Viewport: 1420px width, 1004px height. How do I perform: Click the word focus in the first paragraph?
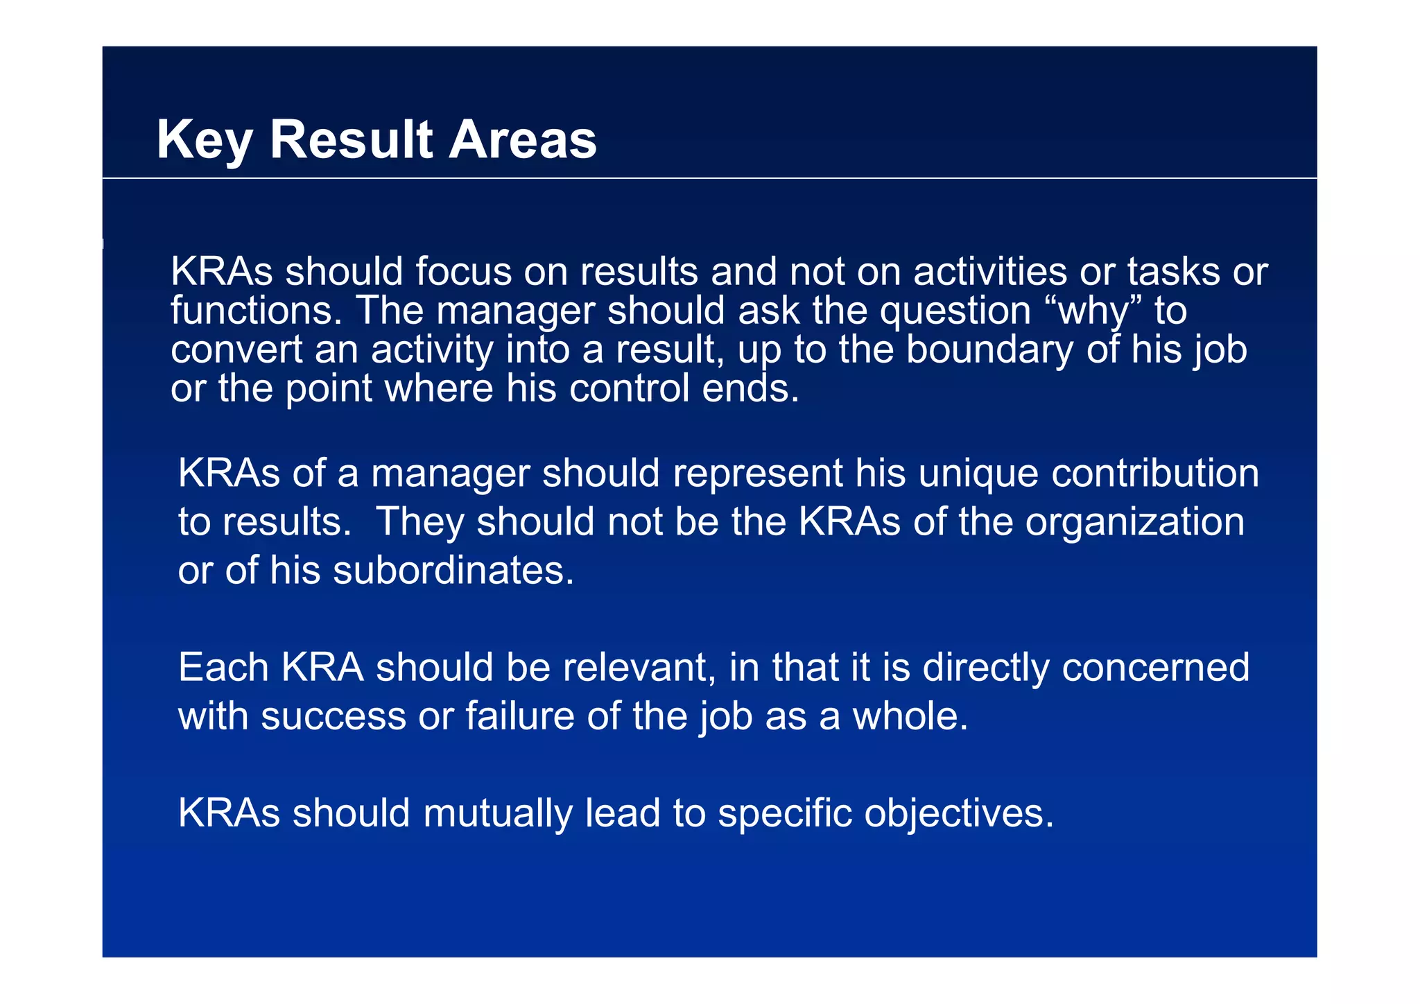pyautogui.click(x=462, y=271)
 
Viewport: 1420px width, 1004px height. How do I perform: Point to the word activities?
pyautogui.click(x=989, y=271)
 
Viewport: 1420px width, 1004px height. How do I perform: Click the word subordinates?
pyautogui.click(x=454, y=571)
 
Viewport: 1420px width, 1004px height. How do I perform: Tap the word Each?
pyautogui.click(x=223, y=668)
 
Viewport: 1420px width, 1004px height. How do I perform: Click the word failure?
pyautogui.click(x=520, y=716)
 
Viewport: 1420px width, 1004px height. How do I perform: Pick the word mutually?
pyautogui.click(x=498, y=813)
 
